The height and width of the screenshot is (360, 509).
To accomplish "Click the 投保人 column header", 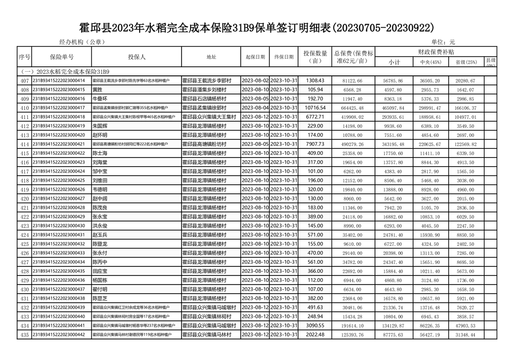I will (x=137, y=57).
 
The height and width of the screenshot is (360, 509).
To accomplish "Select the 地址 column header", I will (x=211, y=57).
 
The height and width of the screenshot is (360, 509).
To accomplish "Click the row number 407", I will (x=24, y=81).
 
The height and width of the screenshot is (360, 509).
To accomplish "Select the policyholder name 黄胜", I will (x=97, y=90).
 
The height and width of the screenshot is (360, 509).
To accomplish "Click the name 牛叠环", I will (x=100, y=99).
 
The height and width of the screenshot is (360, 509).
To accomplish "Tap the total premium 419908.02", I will (x=353, y=117).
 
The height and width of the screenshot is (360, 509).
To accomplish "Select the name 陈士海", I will (x=100, y=153).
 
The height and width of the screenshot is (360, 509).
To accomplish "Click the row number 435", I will (x=24, y=335).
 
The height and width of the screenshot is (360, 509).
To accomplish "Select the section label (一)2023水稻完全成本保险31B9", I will (x=64, y=72).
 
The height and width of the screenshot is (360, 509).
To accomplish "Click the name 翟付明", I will (x=100, y=290).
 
